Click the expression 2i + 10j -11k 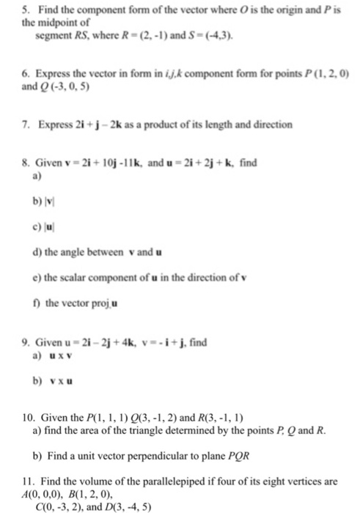pyautogui.click(x=98, y=164)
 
